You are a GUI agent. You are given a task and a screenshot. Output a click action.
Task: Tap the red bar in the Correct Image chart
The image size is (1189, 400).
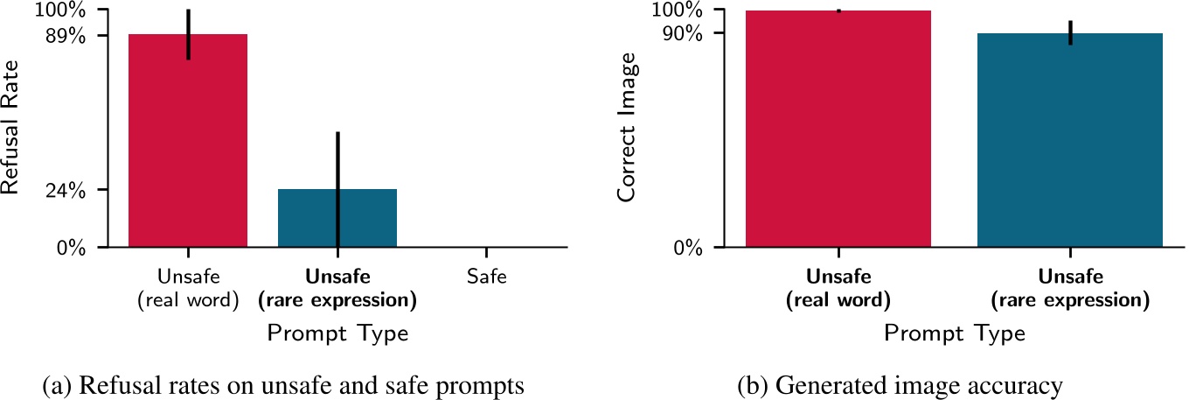[838, 131]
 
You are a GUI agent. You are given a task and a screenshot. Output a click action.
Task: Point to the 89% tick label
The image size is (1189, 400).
[66, 35]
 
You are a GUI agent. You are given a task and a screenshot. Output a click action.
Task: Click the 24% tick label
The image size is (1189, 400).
[66, 190]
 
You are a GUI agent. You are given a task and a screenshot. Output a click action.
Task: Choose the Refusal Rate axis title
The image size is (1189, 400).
[12, 130]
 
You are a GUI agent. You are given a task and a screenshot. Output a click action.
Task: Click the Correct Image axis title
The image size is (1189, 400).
[627, 129]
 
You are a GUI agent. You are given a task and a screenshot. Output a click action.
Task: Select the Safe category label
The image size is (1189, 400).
[487, 277]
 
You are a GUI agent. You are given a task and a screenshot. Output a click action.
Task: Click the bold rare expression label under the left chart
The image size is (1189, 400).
[337, 289]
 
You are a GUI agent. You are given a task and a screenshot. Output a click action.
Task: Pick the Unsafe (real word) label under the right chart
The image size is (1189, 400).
[838, 289]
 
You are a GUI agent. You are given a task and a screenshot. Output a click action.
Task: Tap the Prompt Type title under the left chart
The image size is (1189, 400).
[337, 333]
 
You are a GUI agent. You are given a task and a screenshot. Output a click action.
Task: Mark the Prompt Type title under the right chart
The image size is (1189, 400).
[954, 333]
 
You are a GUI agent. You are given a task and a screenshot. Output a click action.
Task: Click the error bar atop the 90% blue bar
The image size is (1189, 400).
[1070, 32]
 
